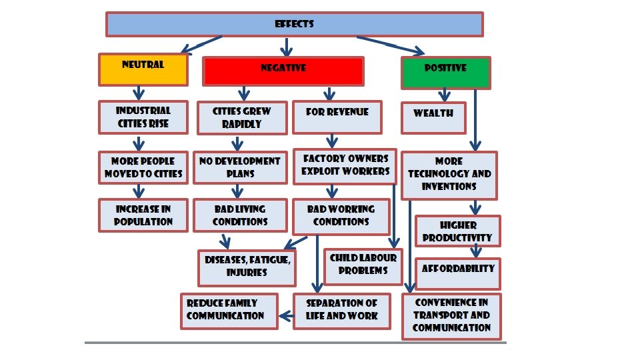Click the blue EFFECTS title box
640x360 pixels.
(294, 25)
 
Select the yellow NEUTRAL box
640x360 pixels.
(143, 69)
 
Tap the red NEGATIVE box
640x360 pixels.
(283, 71)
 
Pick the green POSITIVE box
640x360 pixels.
(445, 72)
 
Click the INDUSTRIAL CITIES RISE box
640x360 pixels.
(143, 117)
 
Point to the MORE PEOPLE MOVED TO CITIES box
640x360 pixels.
(143, 168)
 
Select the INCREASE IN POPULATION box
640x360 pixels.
(143, 215)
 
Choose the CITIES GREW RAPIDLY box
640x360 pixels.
(241, 118)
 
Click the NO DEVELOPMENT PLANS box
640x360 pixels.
(240, 167)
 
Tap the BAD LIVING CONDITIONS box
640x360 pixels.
(240, 215)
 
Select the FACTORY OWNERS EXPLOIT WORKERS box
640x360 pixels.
(345, 165)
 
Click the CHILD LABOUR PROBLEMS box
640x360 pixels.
(363, 265)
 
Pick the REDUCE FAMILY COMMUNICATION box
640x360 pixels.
(229, 310)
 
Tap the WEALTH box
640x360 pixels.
(433, 117)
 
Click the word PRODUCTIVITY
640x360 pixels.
(457, 237)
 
